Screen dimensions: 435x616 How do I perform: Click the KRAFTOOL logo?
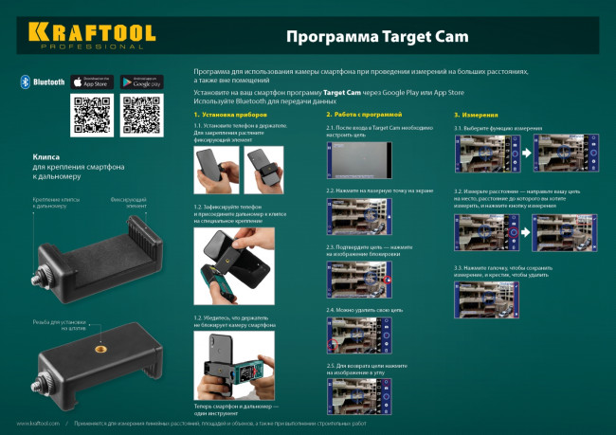pos(91,35)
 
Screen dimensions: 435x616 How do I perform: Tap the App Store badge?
pos(92,82)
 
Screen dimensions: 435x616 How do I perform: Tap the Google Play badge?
pos(140,82)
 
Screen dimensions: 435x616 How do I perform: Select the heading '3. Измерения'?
pos(471,114)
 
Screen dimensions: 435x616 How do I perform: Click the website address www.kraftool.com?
pos(38,423)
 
